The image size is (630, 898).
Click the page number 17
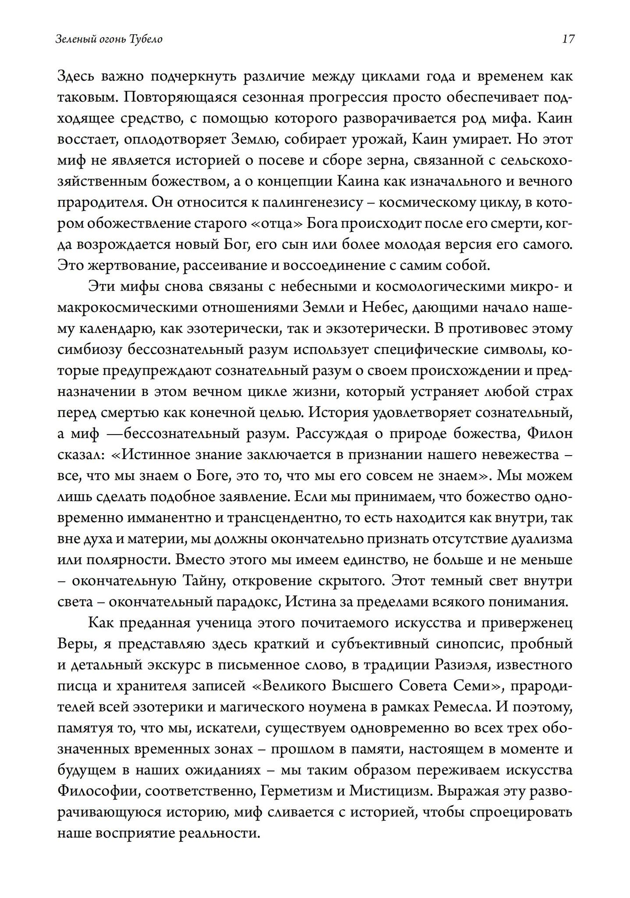(567, 39)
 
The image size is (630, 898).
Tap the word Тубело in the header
(146, 39)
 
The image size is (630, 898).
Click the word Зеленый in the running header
(71, 39)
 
